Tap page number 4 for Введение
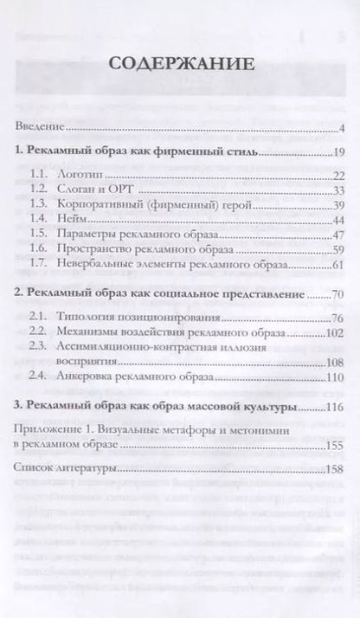[343, 129]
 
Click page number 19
[338, 153]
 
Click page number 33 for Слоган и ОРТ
[338, 190]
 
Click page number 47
[338, 235]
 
